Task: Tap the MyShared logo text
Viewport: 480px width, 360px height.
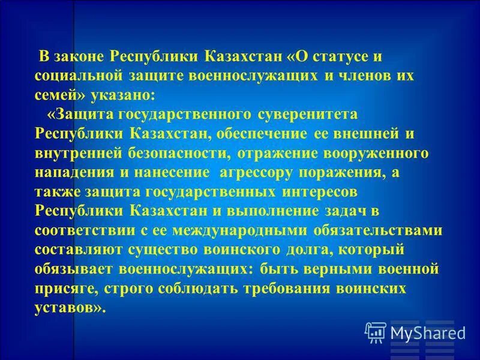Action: pos(427,332)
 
